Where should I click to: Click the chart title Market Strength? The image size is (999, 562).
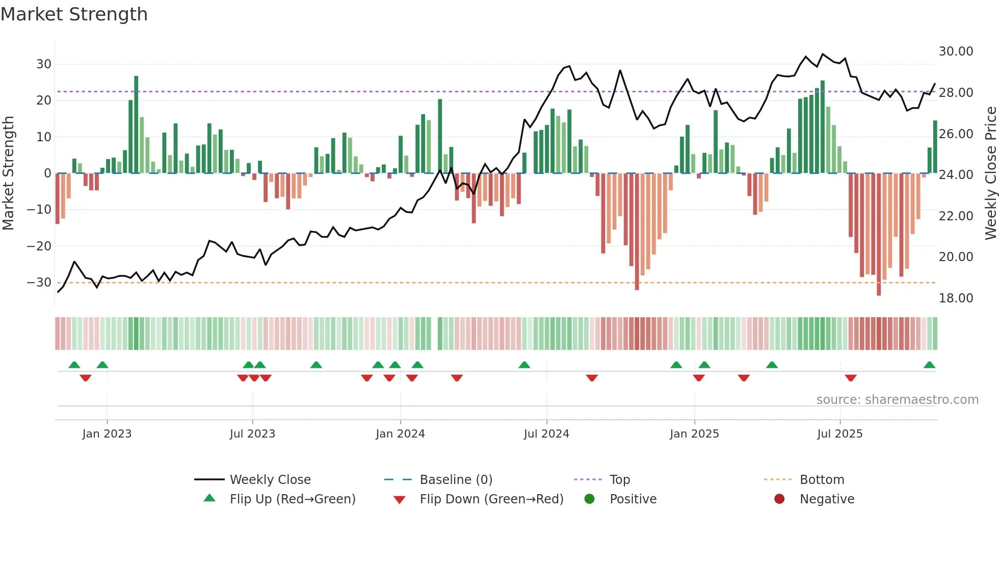coord(74,14)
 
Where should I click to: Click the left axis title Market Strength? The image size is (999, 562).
coord(8,173)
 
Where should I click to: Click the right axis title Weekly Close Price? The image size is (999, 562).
coord(990,173)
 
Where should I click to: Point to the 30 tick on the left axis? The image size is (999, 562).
coord(44,64)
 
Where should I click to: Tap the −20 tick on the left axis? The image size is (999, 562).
coord(39,246)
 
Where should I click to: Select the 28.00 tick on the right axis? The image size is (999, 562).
coord(956,93)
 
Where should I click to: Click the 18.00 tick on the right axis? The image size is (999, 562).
coord(956,298)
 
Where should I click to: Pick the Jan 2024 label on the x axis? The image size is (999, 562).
coord(400,434)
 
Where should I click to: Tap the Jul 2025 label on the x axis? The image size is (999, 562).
coord(839,434)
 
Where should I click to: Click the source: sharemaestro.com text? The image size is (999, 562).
coord(897,400)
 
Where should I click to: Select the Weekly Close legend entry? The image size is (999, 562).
coord(270,480)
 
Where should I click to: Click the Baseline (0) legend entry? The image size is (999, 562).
coord(456,480)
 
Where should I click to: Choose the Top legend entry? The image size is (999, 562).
coord(619,480)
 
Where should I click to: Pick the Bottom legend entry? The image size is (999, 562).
coord(822,480)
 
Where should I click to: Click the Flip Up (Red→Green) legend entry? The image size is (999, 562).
coord(292,499)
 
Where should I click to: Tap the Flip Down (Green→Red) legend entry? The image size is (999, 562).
coord(491,499)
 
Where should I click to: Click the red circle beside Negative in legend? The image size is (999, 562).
coord(779,499)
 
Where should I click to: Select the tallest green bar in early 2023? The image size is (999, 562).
coord(136,124)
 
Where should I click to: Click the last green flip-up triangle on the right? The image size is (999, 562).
coord(929,365)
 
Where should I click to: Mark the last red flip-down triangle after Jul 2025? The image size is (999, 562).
coord(851,378)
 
